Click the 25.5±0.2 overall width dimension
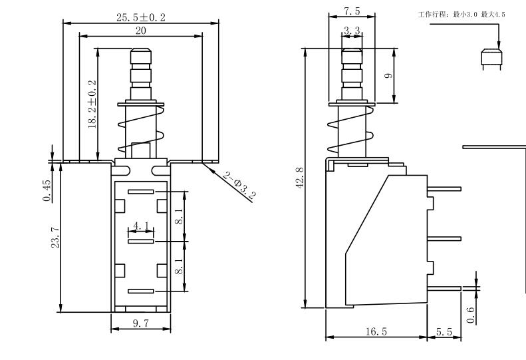tap(141, 17)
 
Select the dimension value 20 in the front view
tap(141, 31)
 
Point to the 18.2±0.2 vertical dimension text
tap(92, 104)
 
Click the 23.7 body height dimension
tap(55, 238)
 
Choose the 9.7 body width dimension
tap(140, 323)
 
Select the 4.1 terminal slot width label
tap(141, 227)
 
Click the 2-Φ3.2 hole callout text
tap(239, 186)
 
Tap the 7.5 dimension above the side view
tap(352, 12)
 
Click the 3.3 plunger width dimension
tap(352, 31)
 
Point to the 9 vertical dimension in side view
tap(389, 75)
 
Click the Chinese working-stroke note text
tap(461, 15)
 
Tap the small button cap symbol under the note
tap(491, 59)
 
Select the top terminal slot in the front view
tap(140, 192)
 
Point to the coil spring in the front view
tap(140, 130)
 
